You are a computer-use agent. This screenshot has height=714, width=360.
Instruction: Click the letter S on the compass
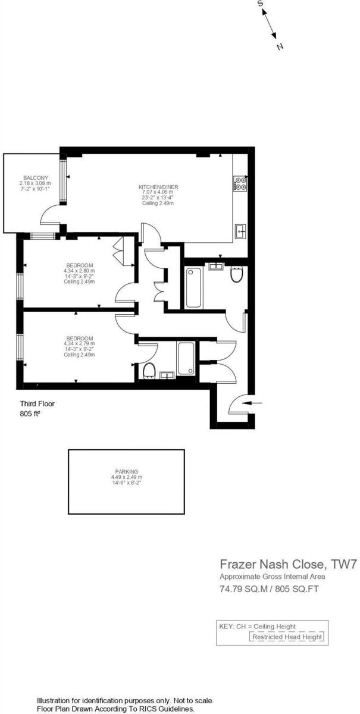click(261, 4)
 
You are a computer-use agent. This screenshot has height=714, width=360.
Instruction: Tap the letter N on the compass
click(280, 46)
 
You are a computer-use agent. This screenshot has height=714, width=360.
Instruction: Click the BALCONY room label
click(36, 178)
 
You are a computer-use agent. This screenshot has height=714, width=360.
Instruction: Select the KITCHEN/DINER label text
click(158, 187)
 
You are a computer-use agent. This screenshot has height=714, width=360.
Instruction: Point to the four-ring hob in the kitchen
click(241, 183)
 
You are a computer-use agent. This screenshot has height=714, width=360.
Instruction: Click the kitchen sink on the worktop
click(240, 230)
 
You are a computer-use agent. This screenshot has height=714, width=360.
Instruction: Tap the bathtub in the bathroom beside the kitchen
click(193, 288)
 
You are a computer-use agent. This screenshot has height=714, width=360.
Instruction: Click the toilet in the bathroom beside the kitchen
click(236, 275)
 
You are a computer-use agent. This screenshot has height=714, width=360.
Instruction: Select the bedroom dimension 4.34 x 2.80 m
click(79, 271)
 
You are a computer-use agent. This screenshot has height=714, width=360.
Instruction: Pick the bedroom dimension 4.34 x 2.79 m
click(79, 343)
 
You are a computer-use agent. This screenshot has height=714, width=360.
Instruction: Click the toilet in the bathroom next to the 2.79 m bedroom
click(149, 370)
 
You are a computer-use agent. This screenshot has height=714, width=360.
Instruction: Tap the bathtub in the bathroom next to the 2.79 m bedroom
click(186, 358)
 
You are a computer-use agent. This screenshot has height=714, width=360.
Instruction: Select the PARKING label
click(127, 471)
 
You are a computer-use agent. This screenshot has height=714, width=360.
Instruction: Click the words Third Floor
click(37, 403)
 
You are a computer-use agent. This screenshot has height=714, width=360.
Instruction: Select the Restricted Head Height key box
click(287, 637)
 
